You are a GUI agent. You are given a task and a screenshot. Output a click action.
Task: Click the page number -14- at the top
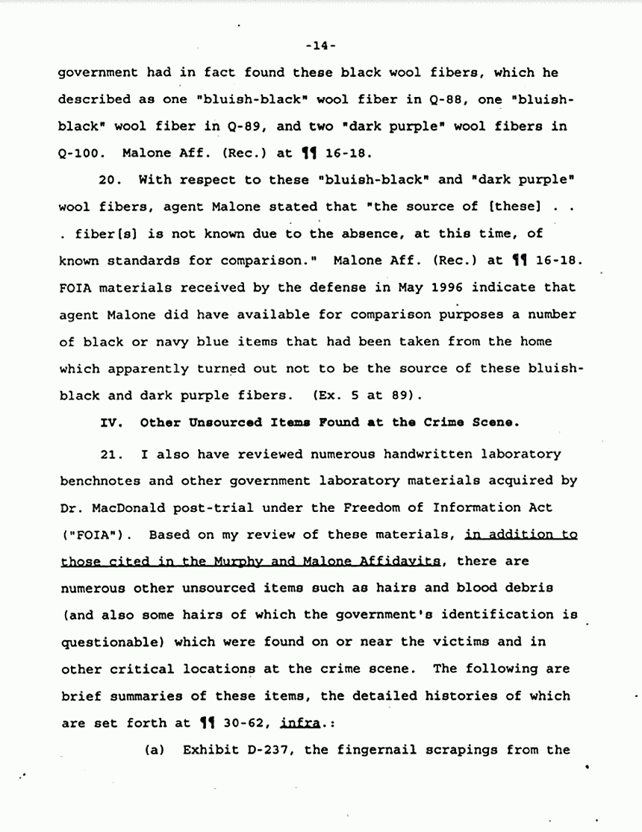321,46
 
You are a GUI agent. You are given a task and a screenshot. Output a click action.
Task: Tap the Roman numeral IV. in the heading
111,422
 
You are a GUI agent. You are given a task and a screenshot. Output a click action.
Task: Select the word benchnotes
96,481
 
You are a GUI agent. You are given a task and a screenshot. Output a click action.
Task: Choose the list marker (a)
155,750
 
